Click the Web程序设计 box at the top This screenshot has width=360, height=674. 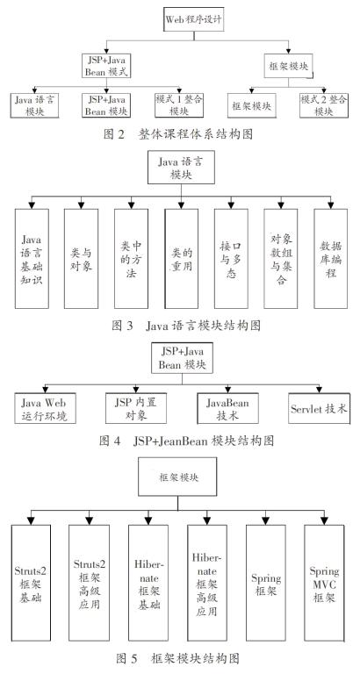coord(194,19)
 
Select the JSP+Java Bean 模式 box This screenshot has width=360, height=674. coord(106,65)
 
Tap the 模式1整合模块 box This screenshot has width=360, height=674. coord(179,105)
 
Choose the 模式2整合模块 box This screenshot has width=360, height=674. coord(323,105)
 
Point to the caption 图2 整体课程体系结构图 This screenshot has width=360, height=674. coord(178,134)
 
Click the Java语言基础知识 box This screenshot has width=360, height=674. coord(32,259)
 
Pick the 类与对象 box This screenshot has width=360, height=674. coord(82,259)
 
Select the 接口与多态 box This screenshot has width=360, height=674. coord(231,259)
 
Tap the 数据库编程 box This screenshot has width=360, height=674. coord(331,259)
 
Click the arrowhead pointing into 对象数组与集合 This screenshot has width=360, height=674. coord(281,204)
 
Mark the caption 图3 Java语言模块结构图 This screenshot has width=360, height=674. coord(186,326)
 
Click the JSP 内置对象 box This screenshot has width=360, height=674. coord(136,408)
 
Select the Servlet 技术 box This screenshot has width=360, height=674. coord(319,408)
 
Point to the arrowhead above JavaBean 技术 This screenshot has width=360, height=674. coord(227,389)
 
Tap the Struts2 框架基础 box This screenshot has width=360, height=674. coord(31,583)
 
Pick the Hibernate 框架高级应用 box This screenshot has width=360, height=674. coord(207,583)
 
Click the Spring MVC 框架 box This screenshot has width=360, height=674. coord(324,583)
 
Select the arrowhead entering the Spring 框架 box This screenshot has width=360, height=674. coord(266,520)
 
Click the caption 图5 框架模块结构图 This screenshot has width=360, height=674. coord(178,658)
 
